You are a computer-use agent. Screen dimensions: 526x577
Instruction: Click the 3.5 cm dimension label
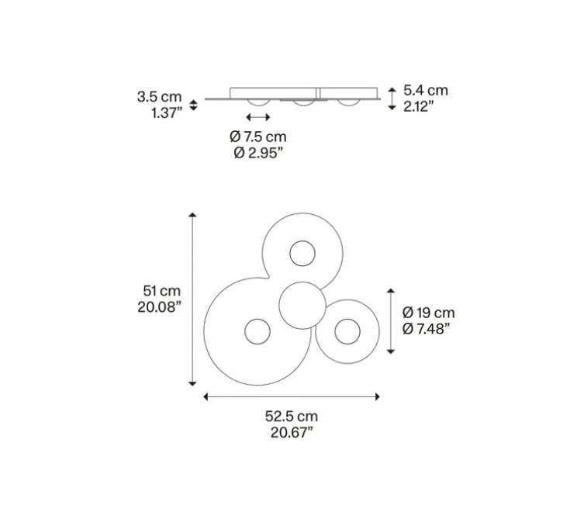point(159,97)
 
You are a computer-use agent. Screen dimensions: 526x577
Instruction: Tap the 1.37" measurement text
point(167,113)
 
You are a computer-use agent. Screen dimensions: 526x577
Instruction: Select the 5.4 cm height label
point(426,90)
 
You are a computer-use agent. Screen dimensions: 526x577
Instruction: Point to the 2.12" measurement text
point(418,106)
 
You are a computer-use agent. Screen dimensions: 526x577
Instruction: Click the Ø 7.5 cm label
point(258,137)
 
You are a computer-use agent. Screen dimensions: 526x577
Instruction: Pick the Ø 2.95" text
point(258,153)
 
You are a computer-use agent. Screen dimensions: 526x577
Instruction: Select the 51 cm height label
point(161,290)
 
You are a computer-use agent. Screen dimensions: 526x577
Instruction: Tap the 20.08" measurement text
point(159,306)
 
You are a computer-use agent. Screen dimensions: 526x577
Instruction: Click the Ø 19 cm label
point(429,313)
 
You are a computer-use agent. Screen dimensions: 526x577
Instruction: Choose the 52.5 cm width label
point(291,416)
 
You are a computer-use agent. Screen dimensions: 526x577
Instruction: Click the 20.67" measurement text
point(291,432)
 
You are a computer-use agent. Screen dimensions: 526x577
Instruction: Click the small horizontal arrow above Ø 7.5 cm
point(258,117)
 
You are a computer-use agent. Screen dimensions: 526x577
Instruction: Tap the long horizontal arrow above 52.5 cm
point(292,397)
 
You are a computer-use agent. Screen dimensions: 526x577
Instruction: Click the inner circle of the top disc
point(302,253)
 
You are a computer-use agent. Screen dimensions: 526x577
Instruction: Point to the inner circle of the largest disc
point(257,332)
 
